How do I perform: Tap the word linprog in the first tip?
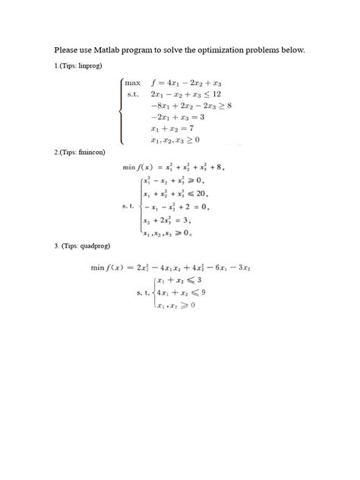tap(89, 67)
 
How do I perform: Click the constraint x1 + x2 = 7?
tap(169, 128)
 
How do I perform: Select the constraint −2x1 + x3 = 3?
tap(177, 117)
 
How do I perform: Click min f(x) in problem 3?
tap(109, 267)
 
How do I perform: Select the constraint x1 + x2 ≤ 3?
tap(175, 280)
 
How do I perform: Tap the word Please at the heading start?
tap(66, 50)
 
